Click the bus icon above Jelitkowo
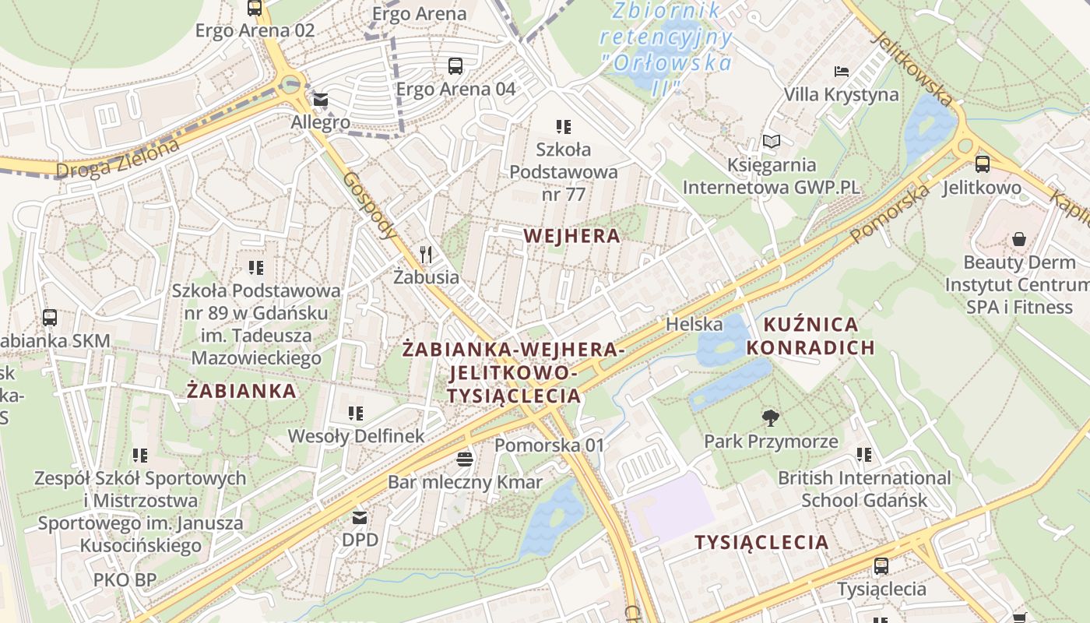click(x=982, y=164)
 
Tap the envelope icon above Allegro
click(x=321, y=100)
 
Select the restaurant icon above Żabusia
click(x=425, y=254)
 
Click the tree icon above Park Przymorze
click(x=771, y=418)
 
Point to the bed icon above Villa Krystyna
click(x=842, y=72)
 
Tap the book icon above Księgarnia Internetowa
click(x=771, y=141)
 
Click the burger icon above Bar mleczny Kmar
click(x=465, y=459)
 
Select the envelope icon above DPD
click(x=360, y=516)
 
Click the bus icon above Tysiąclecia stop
click(x=881, y=565)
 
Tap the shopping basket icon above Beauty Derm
click(x=1018, y=239)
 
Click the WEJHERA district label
click(x=572, y=236)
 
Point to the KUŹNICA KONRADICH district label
click(x=810, y=336)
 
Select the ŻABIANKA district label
click(x=242, y=391)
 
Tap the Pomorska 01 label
click(x=550, y=445)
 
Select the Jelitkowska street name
click(x=912, y=69)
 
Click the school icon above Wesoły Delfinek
click(x=356, y=413)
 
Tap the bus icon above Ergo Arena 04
click(x=455, y=66)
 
